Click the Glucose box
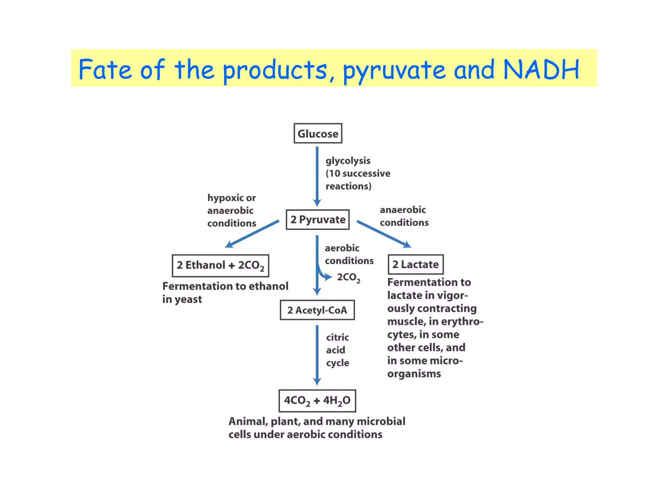(318, 133)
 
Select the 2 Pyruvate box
(318, 220)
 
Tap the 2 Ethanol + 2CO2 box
(220, 265)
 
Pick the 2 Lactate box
(415, 264)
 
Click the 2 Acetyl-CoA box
(317, 310)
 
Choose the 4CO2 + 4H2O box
(317, 401)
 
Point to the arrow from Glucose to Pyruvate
(317, 177)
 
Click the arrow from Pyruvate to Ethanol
(252, 234)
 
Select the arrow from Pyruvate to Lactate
(383, 234)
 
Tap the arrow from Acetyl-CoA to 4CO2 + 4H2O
(317, 355)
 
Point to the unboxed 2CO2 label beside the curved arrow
(348, 278)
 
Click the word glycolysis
(348, 161)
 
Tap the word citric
(337, 337)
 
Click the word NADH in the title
(541, 69)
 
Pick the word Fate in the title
(105, 69)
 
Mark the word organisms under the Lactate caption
(414, 374)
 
